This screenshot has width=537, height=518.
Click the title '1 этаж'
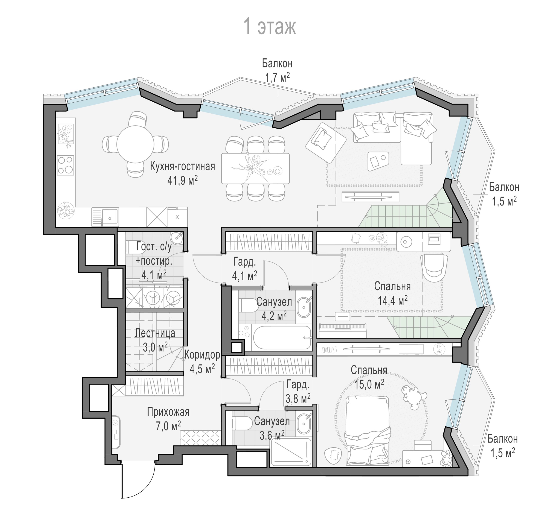270,27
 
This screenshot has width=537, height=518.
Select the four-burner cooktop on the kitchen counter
66,165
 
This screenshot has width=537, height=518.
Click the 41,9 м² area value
182,181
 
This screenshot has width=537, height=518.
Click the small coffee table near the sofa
378,161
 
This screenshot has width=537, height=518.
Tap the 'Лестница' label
155,333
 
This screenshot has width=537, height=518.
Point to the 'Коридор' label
202,355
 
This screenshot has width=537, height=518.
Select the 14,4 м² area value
393,301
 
